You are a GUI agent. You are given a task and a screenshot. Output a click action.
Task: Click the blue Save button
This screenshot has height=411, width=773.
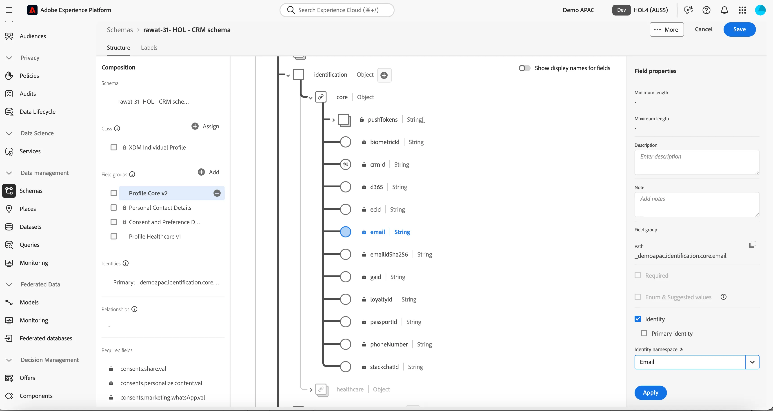pyautogui.click(x=739, y=29)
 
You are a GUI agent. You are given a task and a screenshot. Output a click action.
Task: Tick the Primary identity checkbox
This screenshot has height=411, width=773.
pyautogui.click(x=644, y=333)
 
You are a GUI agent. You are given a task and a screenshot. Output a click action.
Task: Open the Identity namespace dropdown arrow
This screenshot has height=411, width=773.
pyautogui.click(x=752, y=362)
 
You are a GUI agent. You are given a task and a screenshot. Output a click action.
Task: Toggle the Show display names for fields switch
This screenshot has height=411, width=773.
pyautogui.click(x=524, y=68)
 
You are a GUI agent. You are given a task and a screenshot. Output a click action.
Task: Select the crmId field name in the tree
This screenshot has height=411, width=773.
pyautogui.click(x=377, y=165)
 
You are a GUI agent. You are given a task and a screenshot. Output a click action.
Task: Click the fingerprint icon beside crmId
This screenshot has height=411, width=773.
pyautogui.click(x=345, y=165)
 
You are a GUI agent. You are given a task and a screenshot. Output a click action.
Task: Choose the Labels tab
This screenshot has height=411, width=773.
pyautogui.click(x=149, y=47)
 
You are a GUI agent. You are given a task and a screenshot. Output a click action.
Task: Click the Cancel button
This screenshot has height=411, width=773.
pyautogui.click(x=703, y=29)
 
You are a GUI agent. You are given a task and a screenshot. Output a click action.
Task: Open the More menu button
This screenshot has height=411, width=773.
pyautogui.click(x=666, y=29)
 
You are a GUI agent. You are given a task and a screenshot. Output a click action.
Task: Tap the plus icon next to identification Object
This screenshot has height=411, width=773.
pyautogui.click(x=384, y=75)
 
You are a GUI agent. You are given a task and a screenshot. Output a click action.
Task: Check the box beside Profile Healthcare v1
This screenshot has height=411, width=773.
pyautogui.click(x=113, y=237)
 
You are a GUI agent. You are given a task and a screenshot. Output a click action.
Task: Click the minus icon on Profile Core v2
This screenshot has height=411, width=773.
pyautogui.click(x=217, y=193)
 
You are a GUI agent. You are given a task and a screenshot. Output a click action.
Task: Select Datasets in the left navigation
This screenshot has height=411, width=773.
pyautogui.click(x=31, y=227)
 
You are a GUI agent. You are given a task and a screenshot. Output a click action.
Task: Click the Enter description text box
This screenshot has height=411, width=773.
pyautogui.click(x=696, y=162)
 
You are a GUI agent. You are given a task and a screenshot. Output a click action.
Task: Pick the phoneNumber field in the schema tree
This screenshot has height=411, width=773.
pyautogui.click(x=389, y=344)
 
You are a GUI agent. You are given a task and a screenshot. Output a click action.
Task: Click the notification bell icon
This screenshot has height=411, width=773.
pyautogui.click(x=724, y=10)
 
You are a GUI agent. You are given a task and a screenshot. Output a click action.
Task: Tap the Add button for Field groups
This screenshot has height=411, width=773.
pyautogui.click(x=208, y=172)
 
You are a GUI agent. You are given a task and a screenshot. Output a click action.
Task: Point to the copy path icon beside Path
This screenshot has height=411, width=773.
pyautogui.click(x=752, y=245)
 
